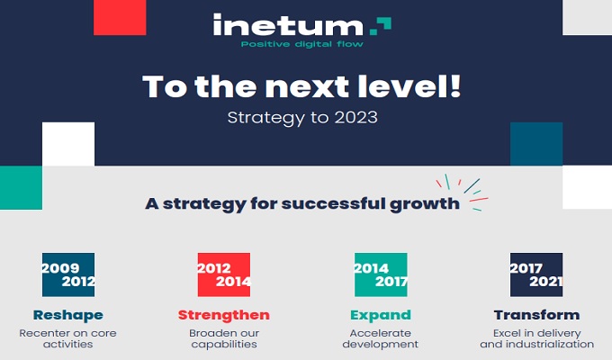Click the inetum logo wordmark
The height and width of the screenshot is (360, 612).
pyautogui.click(x=288, y=25)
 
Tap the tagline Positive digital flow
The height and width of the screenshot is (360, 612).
pyautogui.click(x=302, y=44)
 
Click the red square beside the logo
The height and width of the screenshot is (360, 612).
pyautogui.click(x=120, y=18)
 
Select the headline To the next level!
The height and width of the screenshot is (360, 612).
pyautogui.click(x=301, y=85)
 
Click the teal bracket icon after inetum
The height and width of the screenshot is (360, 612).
pyautogui.click(x=381, y=26)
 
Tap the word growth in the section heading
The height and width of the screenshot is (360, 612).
pyautogui.click(x=425, y=203)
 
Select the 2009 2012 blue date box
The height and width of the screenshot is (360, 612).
pyautogui.click(x=68, y=274)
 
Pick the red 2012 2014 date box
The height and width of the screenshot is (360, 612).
pyautogui.click(x=224, y=274)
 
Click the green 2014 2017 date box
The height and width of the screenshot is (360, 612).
pyautogui.click(x=381, y=274)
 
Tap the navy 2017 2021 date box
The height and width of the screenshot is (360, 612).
pyautogui.click(x=536, y=274)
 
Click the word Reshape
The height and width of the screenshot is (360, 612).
pyautogui.click(x=68, y=315)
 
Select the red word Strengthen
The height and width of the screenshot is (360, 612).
pyautogui.click(x=223, y=315)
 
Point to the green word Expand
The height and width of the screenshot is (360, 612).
pyautogui.click(x=381, y=315)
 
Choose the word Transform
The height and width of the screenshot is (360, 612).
pyautogui.click(x=536, y=315)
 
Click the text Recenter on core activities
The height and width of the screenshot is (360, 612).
pyautogui.click(x=67, y=338)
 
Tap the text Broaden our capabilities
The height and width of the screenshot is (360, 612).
pyautogui.click(x=224, y=338)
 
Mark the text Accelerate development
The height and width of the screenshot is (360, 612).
pyautogui.click(x=381, y=338)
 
